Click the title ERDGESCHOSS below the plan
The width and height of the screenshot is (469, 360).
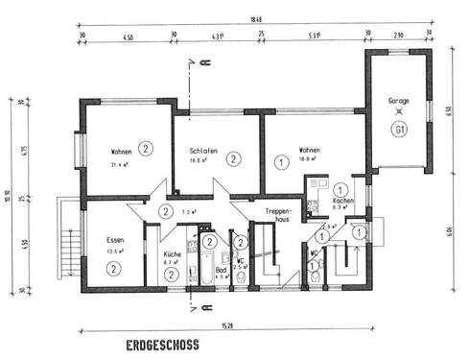click(161, 343)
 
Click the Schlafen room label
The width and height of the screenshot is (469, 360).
click(202, 151)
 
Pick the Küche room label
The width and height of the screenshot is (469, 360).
click(172, 251)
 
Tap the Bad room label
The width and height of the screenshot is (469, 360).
click(221, 270)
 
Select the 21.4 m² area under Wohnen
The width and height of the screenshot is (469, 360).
click(120, 165)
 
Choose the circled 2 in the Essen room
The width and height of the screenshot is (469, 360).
click(112, 270)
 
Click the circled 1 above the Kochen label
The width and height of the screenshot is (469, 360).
click(342, 189)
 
